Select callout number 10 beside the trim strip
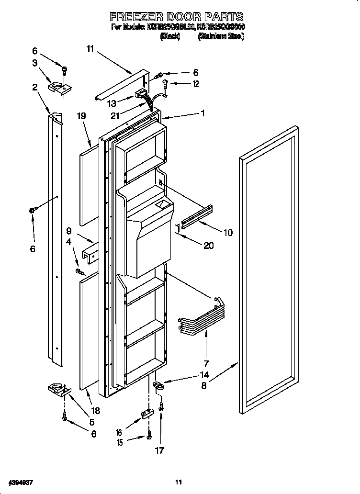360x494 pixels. click(228, 233)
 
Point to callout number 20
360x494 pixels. click(208, 246)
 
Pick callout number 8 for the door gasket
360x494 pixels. click(204, 385)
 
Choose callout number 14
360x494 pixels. click(205, 375)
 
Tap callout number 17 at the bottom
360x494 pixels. click(160, 450)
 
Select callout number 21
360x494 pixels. click(115, 115)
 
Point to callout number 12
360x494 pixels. click(195, 84)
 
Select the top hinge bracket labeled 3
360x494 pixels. click(59, 88)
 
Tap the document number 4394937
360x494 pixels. click(20, 481)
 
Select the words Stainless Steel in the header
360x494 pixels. click(221, 36)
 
